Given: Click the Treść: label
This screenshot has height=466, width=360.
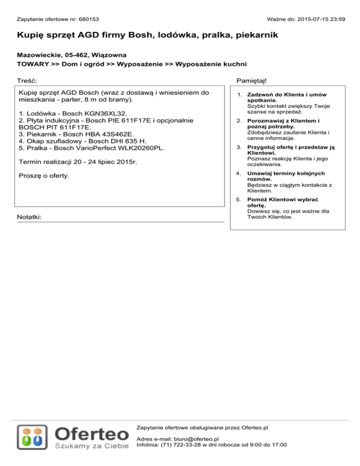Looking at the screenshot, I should tap(27, 82).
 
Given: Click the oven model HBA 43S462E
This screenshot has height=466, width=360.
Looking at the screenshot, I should tap(105, 134).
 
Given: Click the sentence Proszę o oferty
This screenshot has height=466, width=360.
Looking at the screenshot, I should tap(47, 176).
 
